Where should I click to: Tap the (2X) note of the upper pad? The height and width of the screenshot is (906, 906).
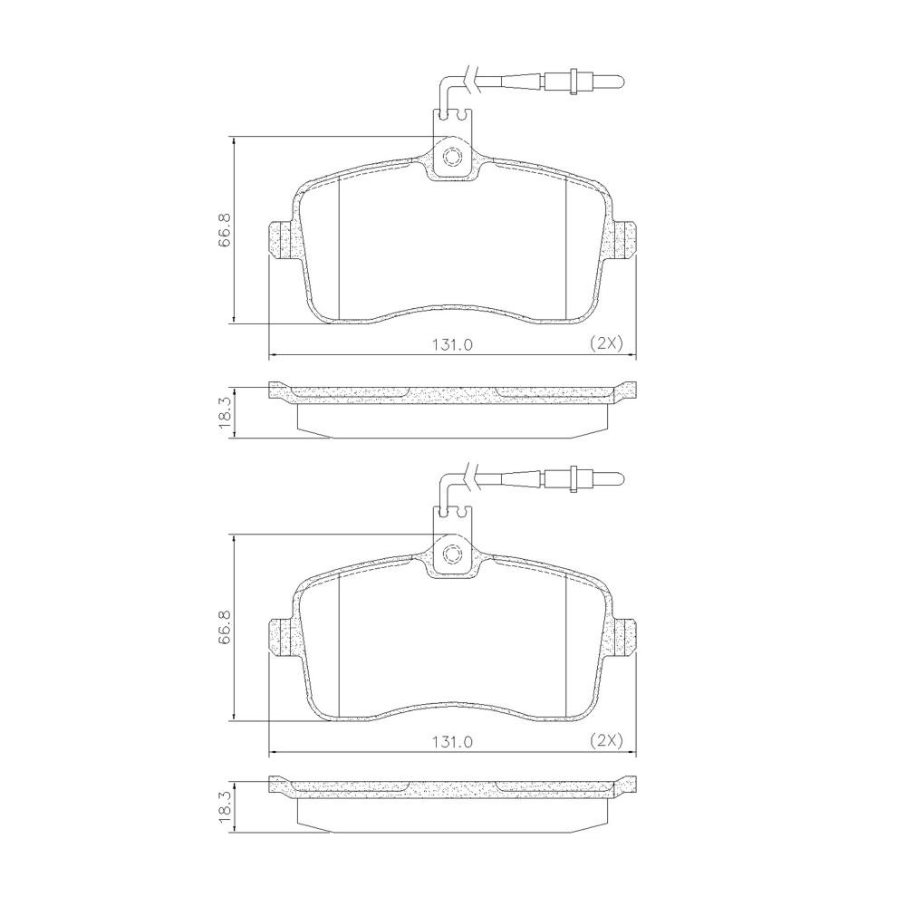pos(605,343)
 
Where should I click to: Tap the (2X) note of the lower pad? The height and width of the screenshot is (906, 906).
pos(605,741)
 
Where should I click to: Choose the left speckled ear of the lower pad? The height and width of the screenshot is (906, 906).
pos(282,638)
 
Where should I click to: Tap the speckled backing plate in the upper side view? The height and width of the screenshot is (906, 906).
pos(453,393)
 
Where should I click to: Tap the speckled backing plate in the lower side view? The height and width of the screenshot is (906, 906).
pos(453,790)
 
